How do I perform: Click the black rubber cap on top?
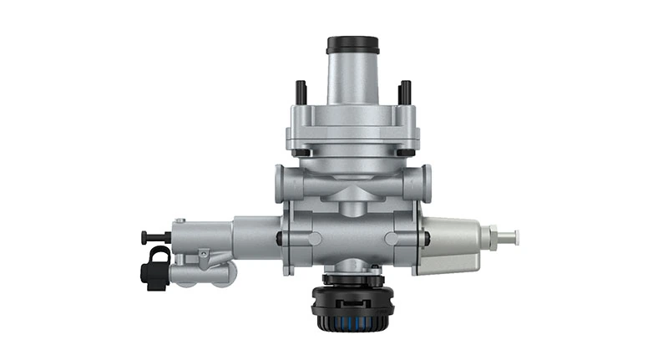tap(353, 44)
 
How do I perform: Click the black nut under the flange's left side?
tap(301, 153)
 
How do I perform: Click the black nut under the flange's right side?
tap(405, 153)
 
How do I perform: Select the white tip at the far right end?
tap(511, 236)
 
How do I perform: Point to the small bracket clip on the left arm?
tap(204, 256)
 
